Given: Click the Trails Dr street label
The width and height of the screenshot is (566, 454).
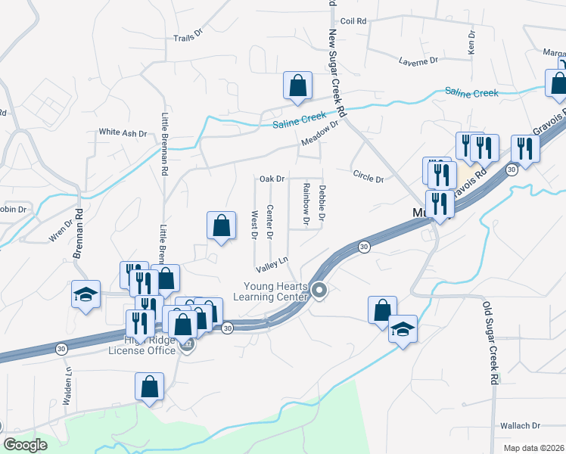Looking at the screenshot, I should click(188, 36).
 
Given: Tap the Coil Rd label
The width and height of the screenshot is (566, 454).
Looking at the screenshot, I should click(353, 21).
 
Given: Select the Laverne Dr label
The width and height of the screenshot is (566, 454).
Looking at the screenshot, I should click(418, 60).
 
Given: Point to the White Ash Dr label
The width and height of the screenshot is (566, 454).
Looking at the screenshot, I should click(123, 132).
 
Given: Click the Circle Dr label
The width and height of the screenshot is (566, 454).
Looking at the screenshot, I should click(369, 176).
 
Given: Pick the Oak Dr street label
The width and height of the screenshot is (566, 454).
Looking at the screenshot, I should click(272, 179).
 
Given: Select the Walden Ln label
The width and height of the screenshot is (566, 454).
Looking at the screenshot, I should click(67, 382).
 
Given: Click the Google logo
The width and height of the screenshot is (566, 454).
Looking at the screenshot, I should click(25, 445).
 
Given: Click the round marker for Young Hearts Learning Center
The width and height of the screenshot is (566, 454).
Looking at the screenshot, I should click(320, 290).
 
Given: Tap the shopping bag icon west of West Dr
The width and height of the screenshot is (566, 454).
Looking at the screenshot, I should click(220, 225).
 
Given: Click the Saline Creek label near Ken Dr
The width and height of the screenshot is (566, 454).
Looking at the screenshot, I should click(471, 93).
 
